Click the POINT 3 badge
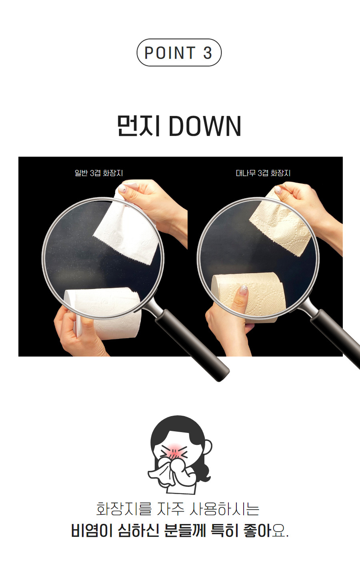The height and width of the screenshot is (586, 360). click(x=179, y=52)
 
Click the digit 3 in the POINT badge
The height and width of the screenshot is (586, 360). click(x=207, y=53)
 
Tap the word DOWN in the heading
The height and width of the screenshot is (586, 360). click(x=205, y=126)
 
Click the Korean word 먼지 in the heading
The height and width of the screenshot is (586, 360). click(x=138, y=126)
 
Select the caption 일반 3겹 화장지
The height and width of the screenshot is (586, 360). click(x=99, y=173)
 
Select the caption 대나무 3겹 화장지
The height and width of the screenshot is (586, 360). click(x=263, y=173)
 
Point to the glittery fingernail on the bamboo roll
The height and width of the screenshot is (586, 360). click(x=243, y=290)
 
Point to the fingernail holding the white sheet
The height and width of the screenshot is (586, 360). click(x=122, y=188)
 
